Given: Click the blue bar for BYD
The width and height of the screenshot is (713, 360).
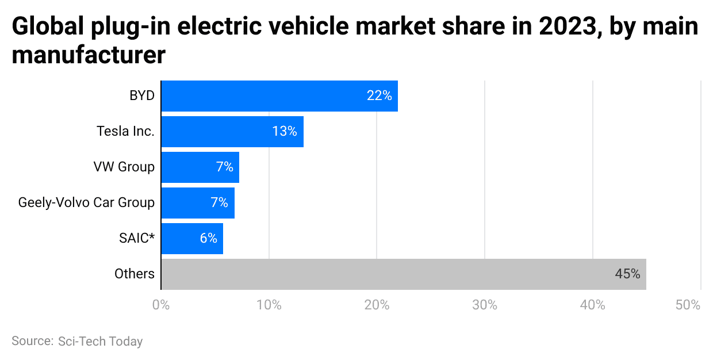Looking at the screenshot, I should tap(279, 96).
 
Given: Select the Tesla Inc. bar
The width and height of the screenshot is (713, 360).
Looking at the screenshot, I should tap(232, 132).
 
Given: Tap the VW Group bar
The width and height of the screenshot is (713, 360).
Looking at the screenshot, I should tap(200, 167).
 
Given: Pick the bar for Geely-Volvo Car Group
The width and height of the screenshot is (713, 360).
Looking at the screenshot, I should tap(197, 203).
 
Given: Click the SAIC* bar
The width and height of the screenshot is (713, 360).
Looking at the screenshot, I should tap(191, 239).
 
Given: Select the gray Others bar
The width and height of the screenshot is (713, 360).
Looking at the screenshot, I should tap(402, 274).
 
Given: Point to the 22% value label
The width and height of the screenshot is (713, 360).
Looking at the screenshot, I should tap(379, 96).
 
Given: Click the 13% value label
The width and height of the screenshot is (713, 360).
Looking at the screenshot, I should tap(285, 132).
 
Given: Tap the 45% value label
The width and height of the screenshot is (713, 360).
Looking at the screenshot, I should tap(627, 274).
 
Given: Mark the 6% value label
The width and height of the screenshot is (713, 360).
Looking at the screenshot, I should tap(208, 239).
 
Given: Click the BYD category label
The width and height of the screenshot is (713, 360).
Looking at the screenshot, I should tap(142, 96).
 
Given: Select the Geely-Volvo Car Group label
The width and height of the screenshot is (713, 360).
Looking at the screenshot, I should tap(86, 203).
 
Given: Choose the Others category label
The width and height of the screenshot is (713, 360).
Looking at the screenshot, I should tap(135, 274).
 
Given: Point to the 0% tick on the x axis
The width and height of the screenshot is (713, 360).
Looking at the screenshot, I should tap(161, 305).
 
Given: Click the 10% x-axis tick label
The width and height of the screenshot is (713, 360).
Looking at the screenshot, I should tap(269, 305).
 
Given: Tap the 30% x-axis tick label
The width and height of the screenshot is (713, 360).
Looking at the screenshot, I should tap(484, 305).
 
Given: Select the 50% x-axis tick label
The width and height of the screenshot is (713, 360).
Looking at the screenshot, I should tap(688, 305).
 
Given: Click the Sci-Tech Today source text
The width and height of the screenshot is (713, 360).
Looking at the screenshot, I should tap(100, 341).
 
